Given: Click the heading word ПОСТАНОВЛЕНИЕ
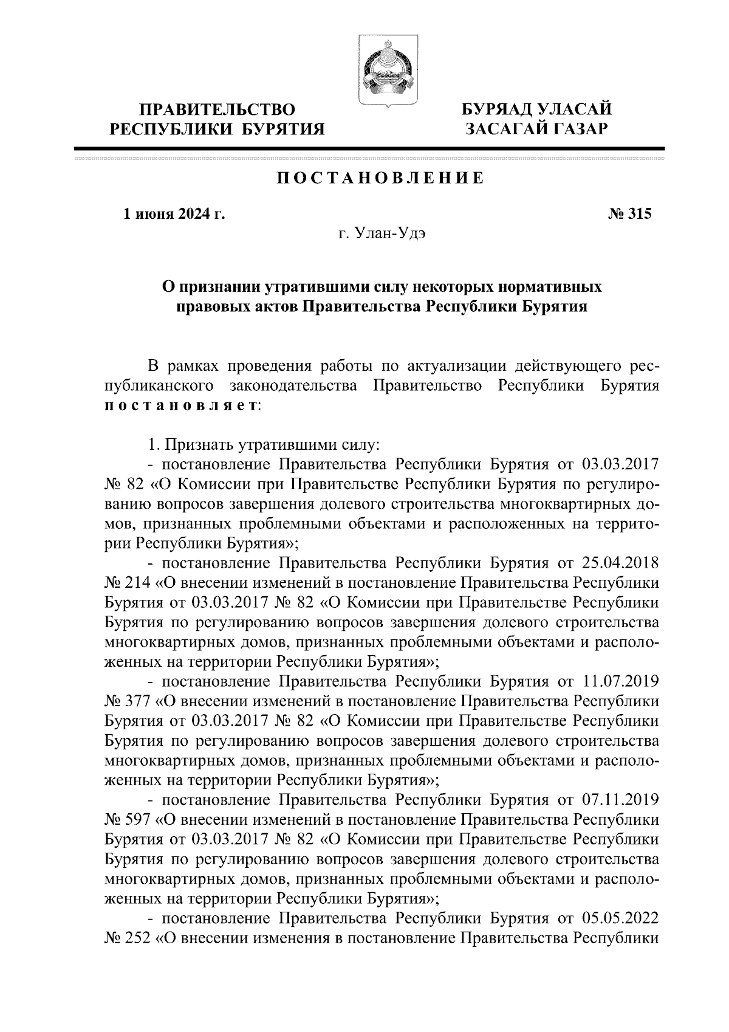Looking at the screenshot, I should click(381, 178).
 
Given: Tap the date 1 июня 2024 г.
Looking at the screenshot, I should click(174, 214).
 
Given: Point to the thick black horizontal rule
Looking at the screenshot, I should click(369, 149).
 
